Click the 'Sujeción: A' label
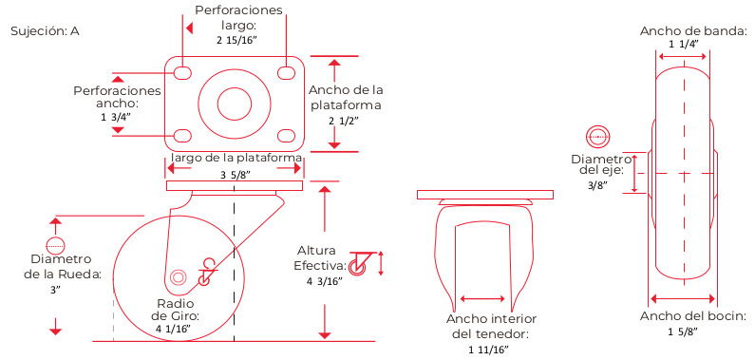45,31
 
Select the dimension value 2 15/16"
236,41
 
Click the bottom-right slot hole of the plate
287,135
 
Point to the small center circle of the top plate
235,104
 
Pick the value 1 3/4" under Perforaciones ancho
117,117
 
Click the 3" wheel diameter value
56,291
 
